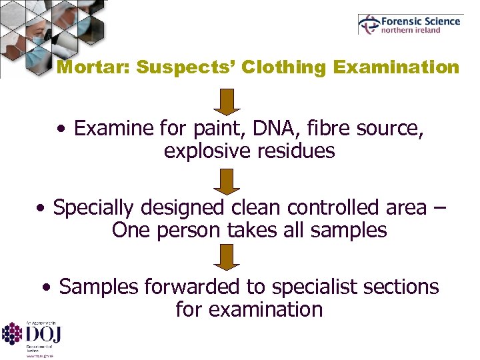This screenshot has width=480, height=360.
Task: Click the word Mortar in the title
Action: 83,68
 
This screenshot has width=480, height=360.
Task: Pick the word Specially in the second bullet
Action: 97,208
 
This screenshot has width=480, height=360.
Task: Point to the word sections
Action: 404,287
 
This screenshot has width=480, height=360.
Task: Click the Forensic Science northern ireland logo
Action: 409,25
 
